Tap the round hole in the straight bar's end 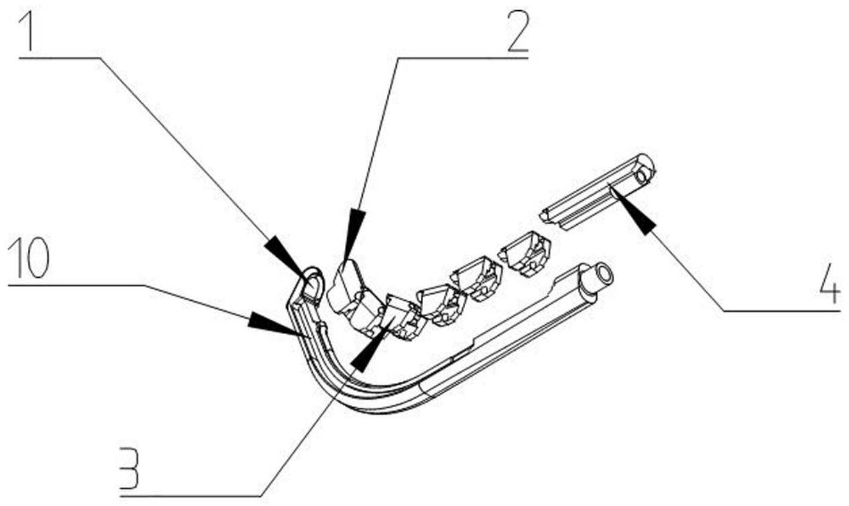click(641, 176)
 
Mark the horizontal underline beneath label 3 click(190, 495)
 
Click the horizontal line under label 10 click(77, 285)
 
